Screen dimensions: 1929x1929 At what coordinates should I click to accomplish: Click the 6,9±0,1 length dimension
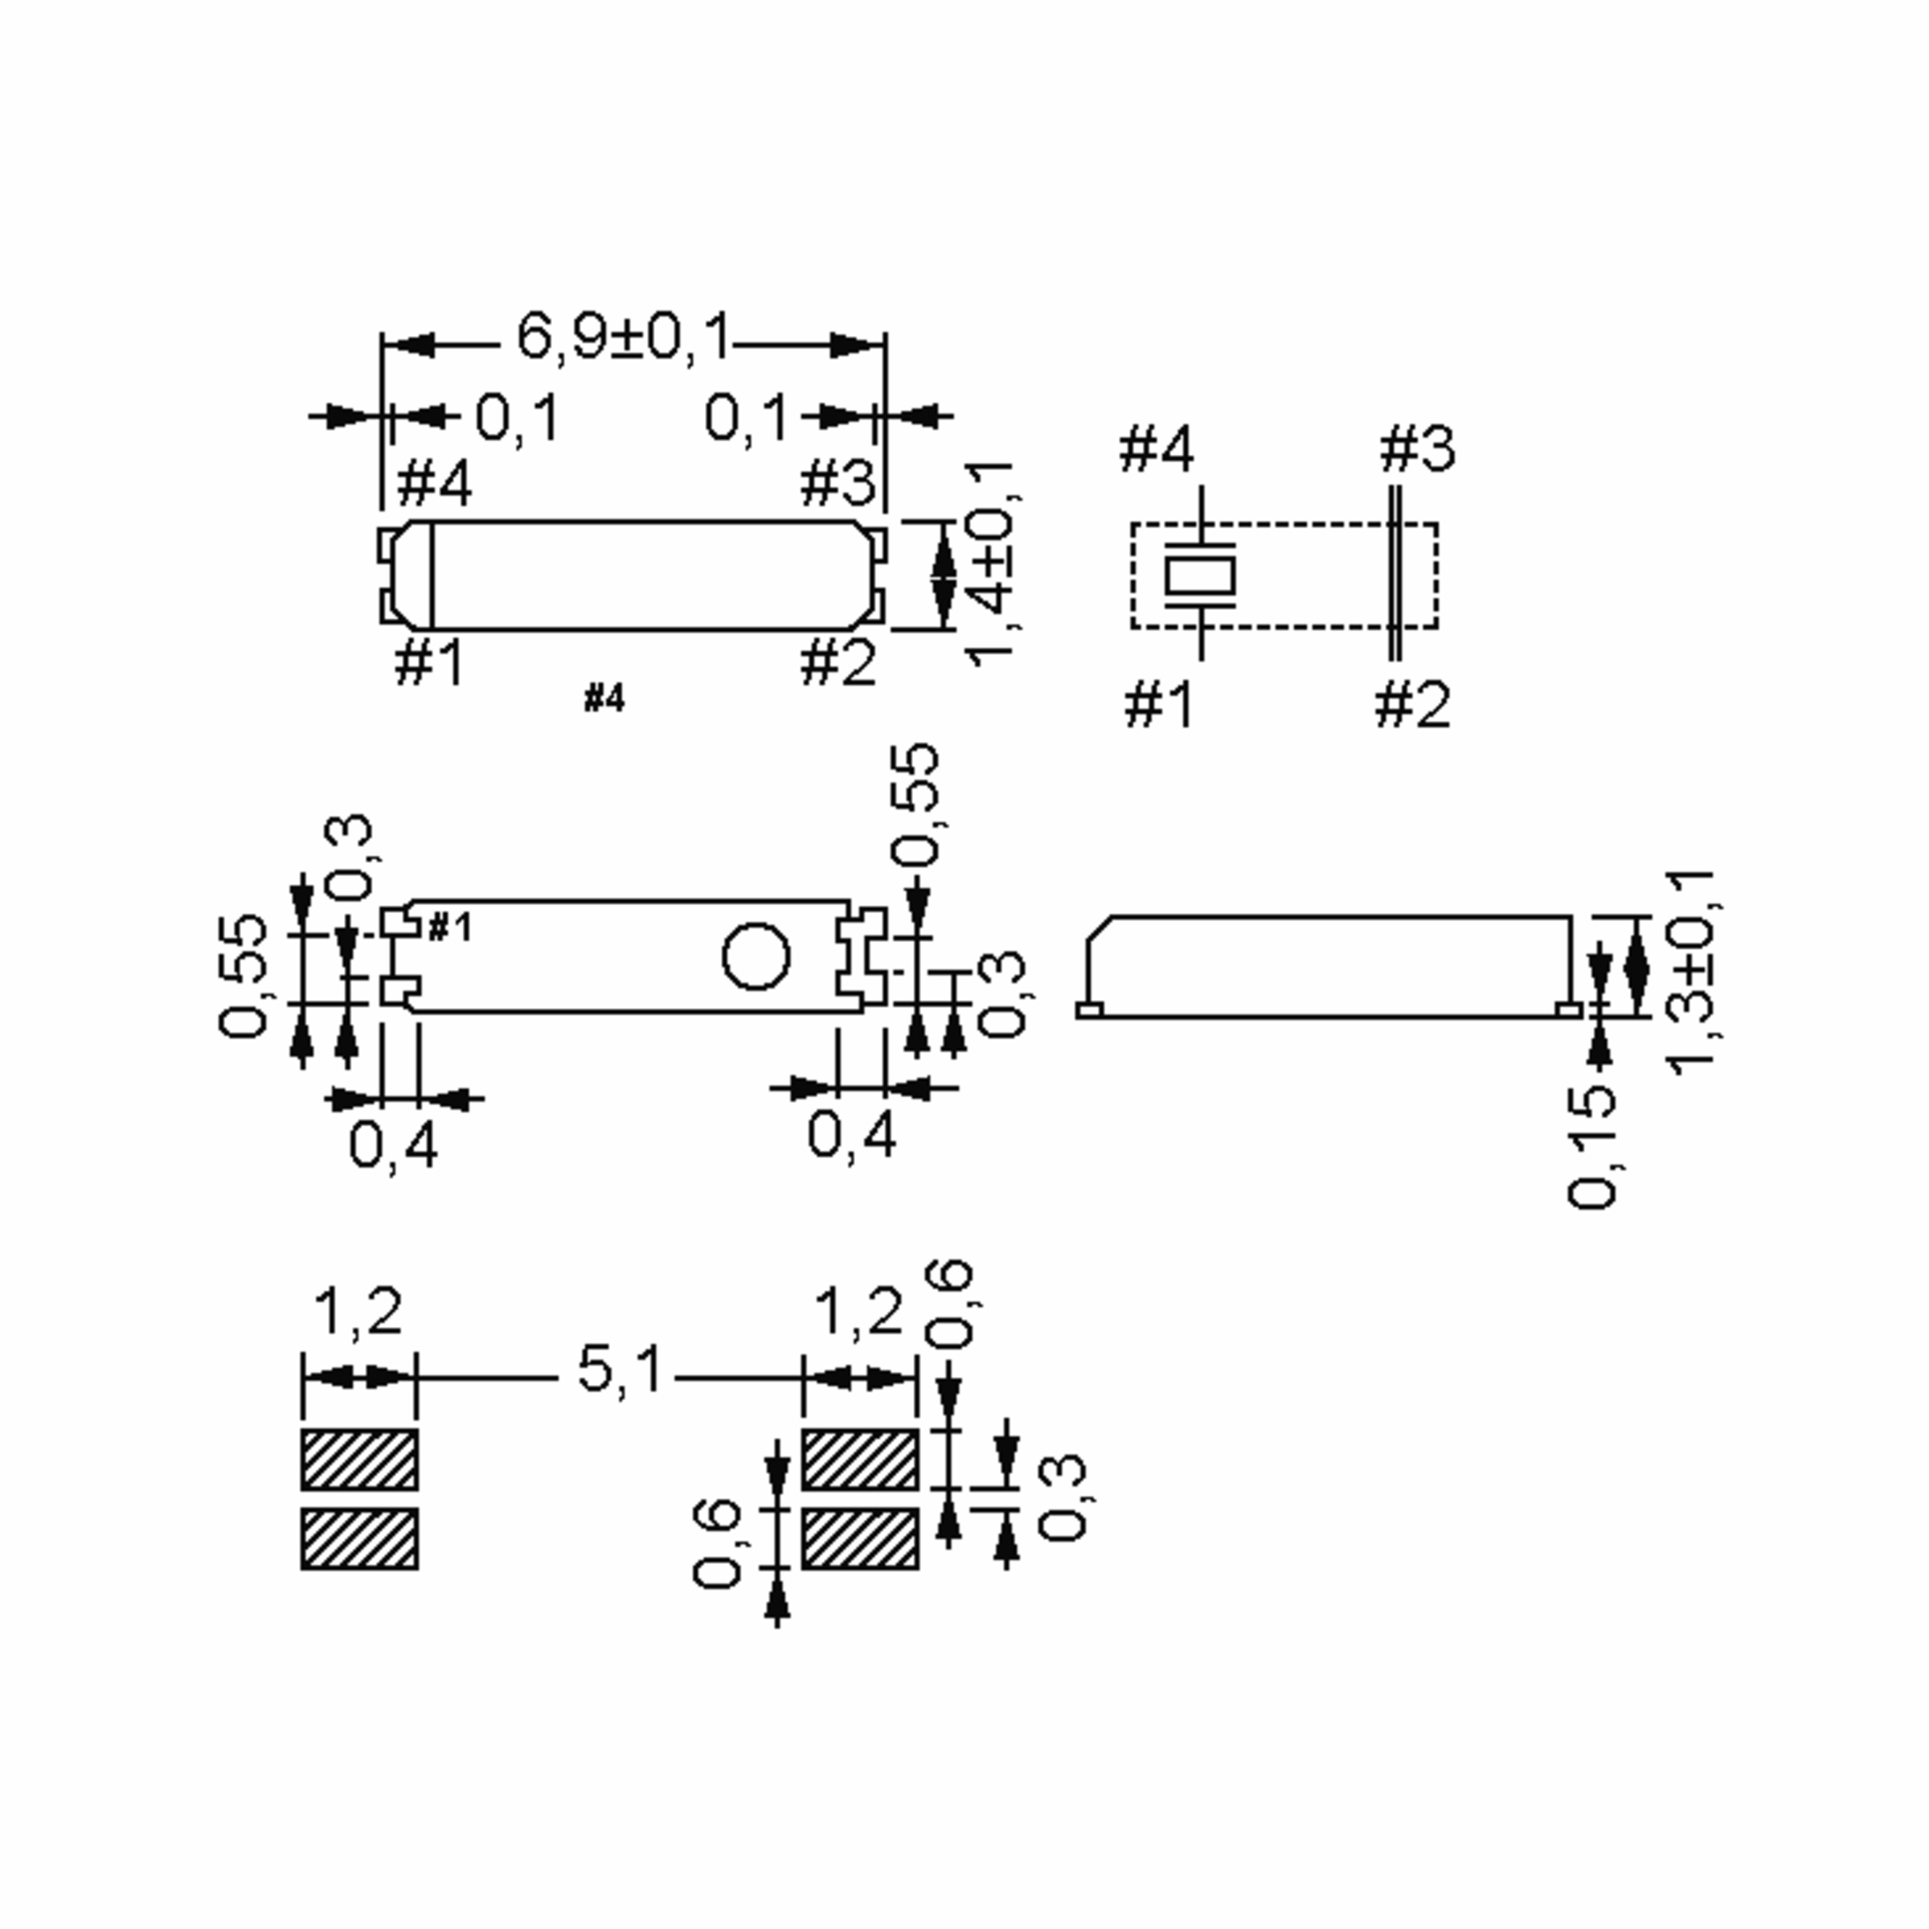[x=624, y=337]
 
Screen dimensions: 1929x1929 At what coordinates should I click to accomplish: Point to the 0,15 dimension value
[x=1591, y=1146]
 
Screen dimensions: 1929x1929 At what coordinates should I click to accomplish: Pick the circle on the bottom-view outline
[x=756, y=956]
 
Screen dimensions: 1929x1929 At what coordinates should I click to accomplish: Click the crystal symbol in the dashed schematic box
[x=1200, y=575]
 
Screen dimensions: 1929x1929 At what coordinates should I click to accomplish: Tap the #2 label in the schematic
[x=1413, y=705]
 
